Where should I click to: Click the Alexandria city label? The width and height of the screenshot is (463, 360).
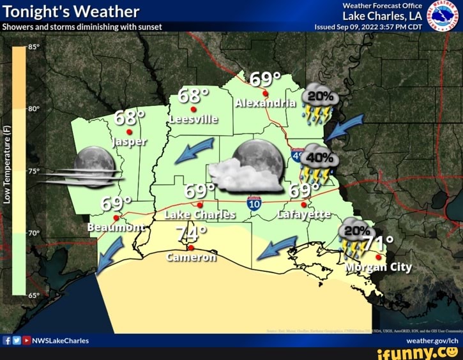coord(266,103)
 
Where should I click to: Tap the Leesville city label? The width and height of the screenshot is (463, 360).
coord(194,119)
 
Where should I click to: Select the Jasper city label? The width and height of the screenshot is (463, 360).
coord(130,141)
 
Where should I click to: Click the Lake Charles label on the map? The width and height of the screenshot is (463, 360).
coord(200,215)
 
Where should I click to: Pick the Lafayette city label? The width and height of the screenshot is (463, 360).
coord(303,214)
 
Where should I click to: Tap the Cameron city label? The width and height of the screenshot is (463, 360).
coord(191,257)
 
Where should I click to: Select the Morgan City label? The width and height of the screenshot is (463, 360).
coord(378,267)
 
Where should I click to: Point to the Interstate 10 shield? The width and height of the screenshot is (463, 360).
coord(254,204)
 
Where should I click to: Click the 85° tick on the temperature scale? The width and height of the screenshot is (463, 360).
coord(34,47)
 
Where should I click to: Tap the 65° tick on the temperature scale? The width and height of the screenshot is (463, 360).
coord(34,295)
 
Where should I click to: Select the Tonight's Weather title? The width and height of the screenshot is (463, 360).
coord(71,11)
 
